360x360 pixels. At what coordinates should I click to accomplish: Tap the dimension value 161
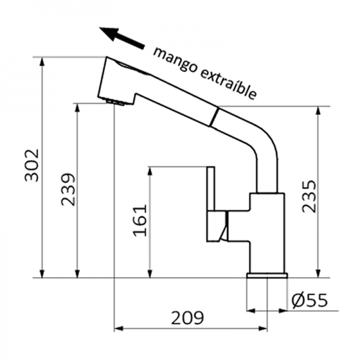[139, 220]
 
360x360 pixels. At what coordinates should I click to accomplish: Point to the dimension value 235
[308, 196]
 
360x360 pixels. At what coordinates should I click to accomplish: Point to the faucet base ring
[267, 276]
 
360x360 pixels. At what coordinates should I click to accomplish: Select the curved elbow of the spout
[264, 148]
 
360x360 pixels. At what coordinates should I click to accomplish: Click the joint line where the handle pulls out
[214, 117]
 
